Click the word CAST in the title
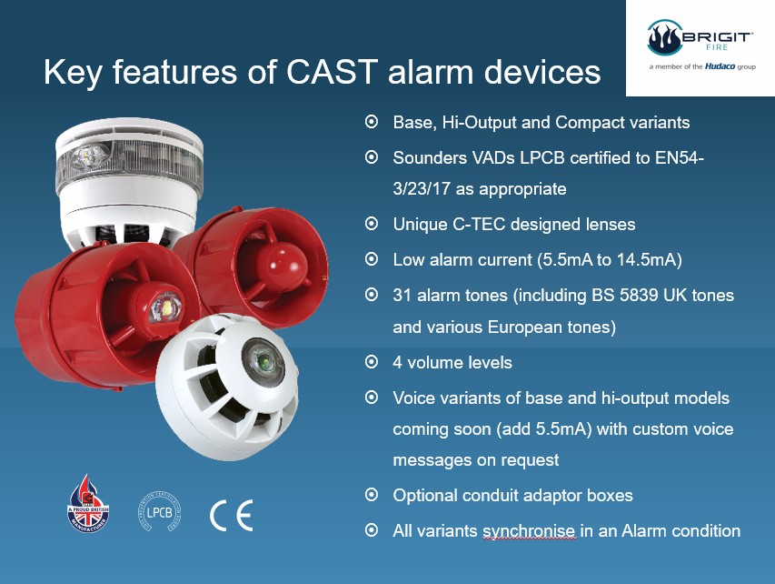333,72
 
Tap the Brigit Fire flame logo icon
664,37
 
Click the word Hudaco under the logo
720,66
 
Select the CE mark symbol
232,515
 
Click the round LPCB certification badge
159,512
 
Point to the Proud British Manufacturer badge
88,504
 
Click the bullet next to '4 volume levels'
372,362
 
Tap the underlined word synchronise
529,531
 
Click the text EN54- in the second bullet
680,158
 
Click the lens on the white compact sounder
262,359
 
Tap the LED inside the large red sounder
165,307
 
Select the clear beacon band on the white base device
130,165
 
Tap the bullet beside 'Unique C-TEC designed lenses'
372,224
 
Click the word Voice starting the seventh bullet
414,398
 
